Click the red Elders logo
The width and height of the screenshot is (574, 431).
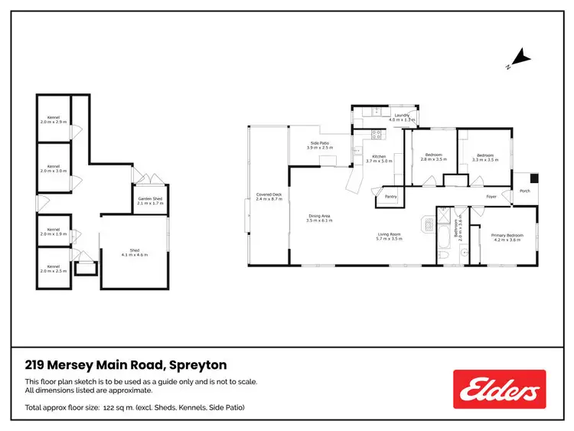499,389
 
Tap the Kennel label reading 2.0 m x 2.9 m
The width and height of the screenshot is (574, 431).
54,120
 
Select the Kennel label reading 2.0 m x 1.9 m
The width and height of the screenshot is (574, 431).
54,231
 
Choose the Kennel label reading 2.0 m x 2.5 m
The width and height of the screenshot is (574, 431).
54,269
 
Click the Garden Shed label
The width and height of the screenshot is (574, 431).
149,201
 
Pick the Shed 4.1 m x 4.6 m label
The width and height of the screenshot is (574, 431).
134,252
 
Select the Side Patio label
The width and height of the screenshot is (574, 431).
319,145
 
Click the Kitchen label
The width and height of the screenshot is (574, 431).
379,158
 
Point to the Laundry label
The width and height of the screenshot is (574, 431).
401,118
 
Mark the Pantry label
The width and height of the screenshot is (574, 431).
390,197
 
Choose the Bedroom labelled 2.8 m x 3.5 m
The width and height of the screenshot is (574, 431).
433,158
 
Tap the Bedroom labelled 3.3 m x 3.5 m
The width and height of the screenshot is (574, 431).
484,158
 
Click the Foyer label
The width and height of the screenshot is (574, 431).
492,197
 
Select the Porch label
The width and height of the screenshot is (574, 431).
524,191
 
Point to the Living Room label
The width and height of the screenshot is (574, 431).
389,237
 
